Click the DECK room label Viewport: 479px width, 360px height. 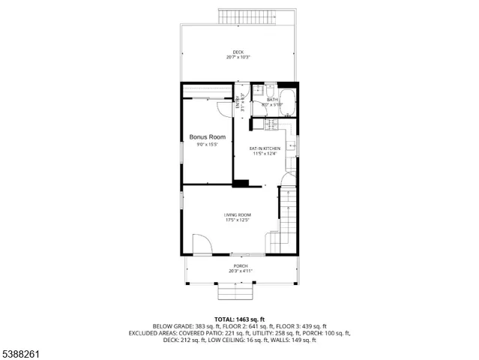[x=238, y=52]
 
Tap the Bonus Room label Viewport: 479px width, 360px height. [x=207, y=137]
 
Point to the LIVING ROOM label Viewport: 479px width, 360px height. [x=237, y=215]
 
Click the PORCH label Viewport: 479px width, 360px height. [x=240, y=266]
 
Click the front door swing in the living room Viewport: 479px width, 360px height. [x=202, y=244]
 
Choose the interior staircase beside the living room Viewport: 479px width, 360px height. [x=286, y=221]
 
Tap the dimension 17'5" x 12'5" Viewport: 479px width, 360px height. [x=237, y=220]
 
